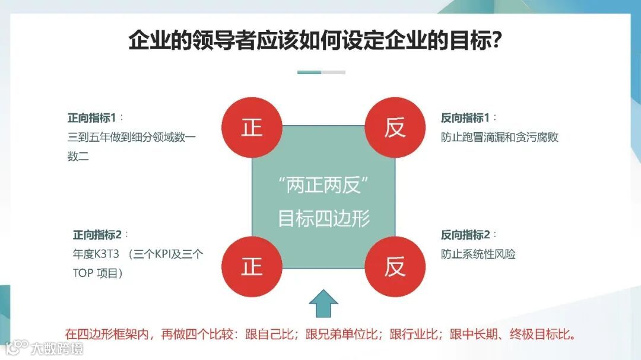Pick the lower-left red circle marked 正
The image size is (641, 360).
(x=252, y=266)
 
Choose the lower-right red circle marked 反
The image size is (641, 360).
(x=395, y=266)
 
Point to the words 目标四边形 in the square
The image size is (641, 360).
(x=323, y=218)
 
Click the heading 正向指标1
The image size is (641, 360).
(x=91, y=117)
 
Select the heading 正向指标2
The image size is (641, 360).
(x=96, y=234)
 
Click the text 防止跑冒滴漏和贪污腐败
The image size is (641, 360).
(x=499, y=138)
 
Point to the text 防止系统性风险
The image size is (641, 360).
(x=478, y=254)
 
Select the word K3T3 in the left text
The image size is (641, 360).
(x=107, y=254)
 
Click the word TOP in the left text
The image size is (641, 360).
(x=80, y=273)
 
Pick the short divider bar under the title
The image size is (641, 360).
(x=321, y=72)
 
